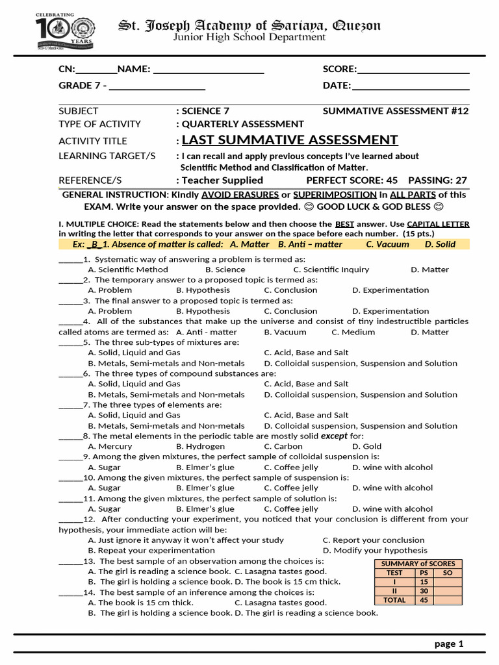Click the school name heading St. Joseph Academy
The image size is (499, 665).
[x=249, y=25]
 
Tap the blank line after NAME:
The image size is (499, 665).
[x=208, y=69]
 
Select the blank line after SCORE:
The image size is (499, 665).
[x=413, y=69]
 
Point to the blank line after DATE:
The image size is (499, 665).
[x=410, y=86]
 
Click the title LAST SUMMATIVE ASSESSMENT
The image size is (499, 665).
[x=290, y=140]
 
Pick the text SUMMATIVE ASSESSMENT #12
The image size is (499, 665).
[x=395, y=111]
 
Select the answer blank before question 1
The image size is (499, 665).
[x=70, y=259]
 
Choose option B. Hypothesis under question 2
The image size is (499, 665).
[x=203, y=290]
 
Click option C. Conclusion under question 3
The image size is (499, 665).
[x=290, y=311]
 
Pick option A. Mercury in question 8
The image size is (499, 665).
[x=110, y=447]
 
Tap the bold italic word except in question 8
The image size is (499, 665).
[x=334, y=436]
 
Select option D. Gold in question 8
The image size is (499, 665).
[x=366, y=447]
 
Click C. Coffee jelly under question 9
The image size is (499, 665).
[x=291, y=468]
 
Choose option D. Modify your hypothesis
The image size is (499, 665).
[x=375, y=551]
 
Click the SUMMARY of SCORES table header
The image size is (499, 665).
[x=418, y=564]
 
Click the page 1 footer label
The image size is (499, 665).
[x=449, y=644]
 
